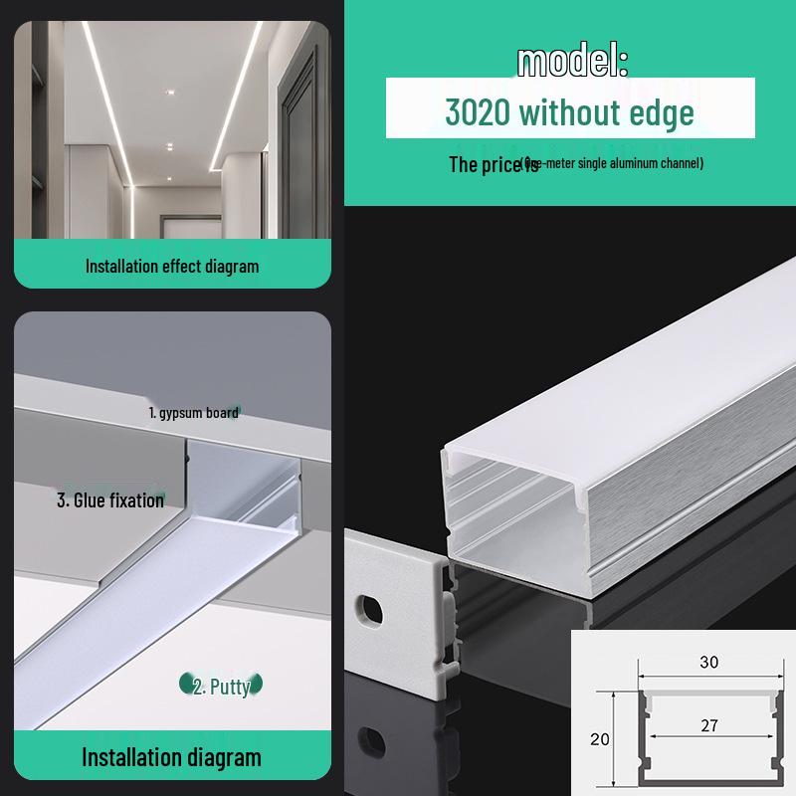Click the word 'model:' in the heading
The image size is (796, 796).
(572, 62)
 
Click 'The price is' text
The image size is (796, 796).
(493, 165)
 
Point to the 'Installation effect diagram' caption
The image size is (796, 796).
(171, 266)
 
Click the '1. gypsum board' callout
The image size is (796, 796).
(193, 412)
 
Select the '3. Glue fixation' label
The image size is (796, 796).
(110, 499)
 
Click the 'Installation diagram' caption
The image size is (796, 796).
(171, 757)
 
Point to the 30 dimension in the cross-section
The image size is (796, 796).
(708, 662)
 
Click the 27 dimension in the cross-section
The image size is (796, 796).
(708, 726)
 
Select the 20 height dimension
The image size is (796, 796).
(599, 739)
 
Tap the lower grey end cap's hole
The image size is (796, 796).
(373, 741)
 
